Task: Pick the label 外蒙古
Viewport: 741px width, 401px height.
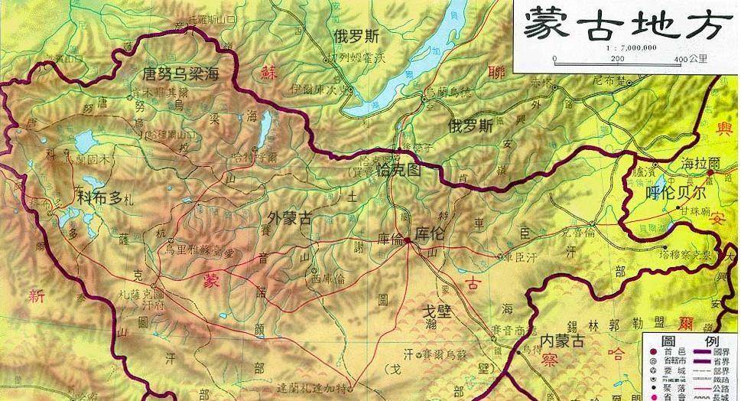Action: coord(290,218)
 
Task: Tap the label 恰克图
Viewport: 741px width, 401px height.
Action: coord(400,171)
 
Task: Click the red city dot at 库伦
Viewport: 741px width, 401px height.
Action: coord(408,240)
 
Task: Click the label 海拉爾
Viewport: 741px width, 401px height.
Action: coord(700,164)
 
